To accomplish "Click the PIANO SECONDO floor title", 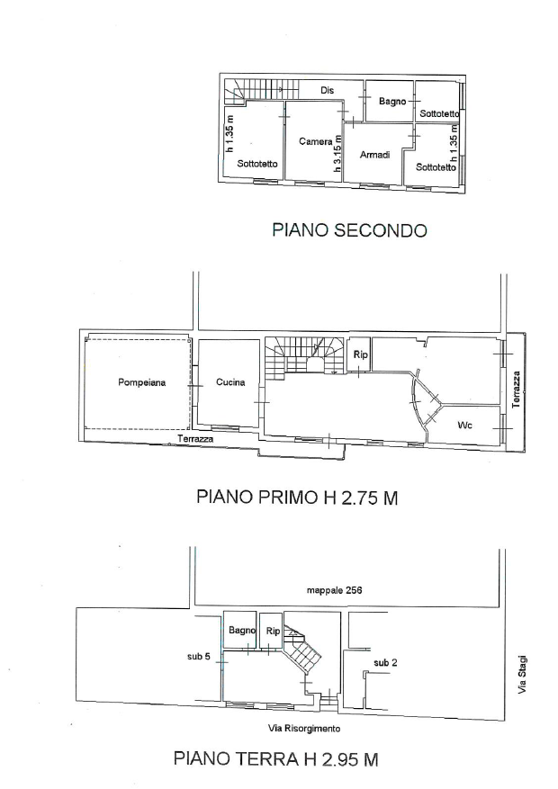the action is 350,230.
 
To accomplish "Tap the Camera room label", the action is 316,141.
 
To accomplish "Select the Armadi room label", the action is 375,155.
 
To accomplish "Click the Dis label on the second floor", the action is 327,91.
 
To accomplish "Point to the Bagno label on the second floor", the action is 392,101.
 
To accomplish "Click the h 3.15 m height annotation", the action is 338,154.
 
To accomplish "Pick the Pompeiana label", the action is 142,382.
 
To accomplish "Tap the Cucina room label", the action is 230,382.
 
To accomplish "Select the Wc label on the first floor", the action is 465,426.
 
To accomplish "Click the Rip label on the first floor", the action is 360,354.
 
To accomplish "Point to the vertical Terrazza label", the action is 516,390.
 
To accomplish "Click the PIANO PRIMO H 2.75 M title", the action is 297,498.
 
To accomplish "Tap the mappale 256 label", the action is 335,590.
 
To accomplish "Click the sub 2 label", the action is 385,663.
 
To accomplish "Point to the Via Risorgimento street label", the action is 304,728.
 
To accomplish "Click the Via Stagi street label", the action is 522,674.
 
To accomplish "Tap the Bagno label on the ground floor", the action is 242,630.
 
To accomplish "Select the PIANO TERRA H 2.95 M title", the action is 275,758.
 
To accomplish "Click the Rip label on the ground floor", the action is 274,631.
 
